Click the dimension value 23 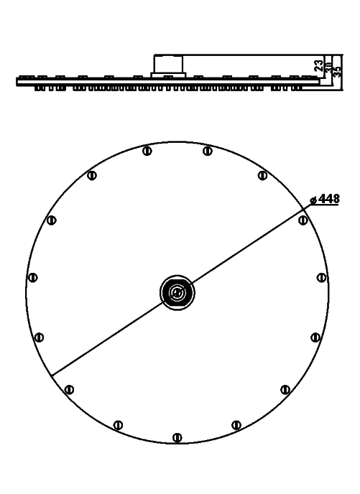[319, 66]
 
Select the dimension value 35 [337, 72]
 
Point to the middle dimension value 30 [328, 67]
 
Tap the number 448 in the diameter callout [329, 199]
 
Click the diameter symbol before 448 [313, 200]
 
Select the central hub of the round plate [177, 293]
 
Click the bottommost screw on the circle [177, 437]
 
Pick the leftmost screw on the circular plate [32, 278]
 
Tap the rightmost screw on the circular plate [321, 278]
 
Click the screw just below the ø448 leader [303, 220]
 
